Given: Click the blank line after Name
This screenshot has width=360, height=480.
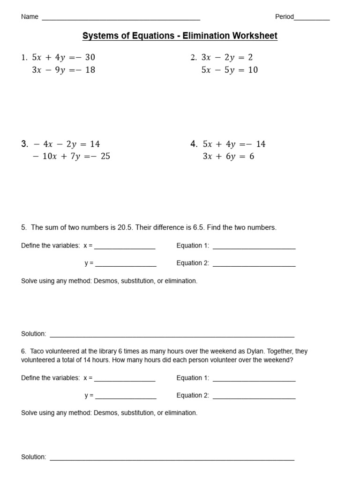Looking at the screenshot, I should [121, 18].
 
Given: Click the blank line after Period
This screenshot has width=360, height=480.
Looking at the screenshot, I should [312, 18].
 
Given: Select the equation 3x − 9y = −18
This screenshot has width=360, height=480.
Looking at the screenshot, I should [63, 70].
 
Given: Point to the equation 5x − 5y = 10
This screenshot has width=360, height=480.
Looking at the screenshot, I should [230, 70].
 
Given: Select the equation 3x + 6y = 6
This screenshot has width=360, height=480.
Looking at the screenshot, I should [228, 156].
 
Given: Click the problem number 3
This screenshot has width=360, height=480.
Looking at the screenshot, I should [24, 144].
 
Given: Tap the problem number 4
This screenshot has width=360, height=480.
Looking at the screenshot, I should [194, 144].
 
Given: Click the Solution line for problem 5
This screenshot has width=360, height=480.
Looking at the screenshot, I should [172, 335].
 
